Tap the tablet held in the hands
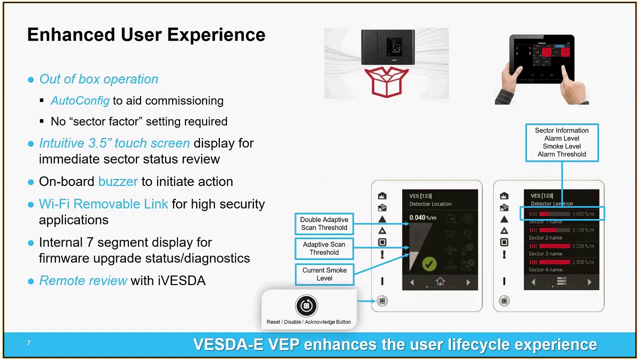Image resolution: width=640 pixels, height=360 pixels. (542, 58)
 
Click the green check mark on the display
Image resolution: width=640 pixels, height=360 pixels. (429, 263)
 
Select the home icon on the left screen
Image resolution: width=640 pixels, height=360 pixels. (440, 282)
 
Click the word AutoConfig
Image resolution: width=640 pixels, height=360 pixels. (80, 100)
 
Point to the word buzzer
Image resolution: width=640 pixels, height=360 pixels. (118, 181)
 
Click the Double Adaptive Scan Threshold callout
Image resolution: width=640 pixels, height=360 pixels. (324, 223)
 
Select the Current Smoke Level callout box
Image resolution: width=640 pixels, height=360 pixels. (324, 274)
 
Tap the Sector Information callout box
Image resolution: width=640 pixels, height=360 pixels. (561, 142)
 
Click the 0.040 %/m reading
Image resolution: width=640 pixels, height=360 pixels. (422, 217)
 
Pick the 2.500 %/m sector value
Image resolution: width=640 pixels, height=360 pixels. (583, 262)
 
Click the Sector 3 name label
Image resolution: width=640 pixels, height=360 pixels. (545, 253)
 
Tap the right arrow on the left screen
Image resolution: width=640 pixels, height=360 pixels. (468, 282)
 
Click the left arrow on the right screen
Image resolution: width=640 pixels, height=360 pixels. (533, 282)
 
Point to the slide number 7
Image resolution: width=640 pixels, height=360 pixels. (28, 343)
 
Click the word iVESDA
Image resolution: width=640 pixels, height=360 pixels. (181, 280)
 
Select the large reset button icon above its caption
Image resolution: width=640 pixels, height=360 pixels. (306, 305)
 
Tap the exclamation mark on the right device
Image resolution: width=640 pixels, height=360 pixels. (504, 255)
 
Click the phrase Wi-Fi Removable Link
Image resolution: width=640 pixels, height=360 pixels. (103, 204)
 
